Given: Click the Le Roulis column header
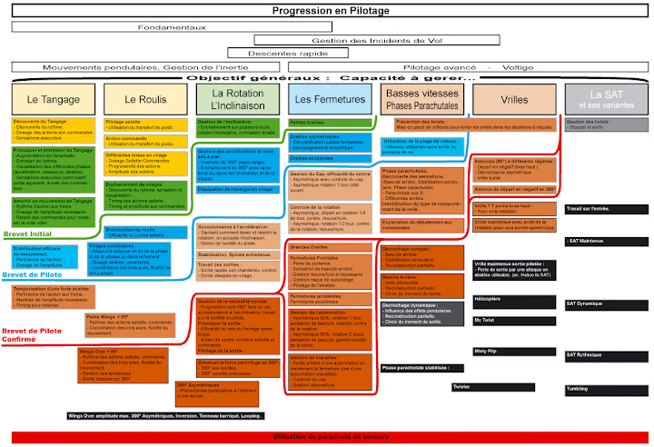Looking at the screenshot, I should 143,99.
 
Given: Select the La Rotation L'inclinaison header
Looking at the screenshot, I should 237,98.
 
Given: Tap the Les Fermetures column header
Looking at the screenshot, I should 330,98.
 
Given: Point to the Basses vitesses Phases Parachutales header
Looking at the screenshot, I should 422,98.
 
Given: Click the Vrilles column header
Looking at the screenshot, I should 514,99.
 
